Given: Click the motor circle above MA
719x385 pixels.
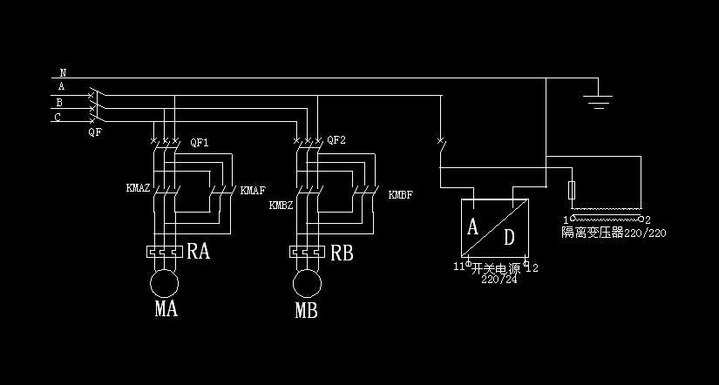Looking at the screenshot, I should pyautogui.click(x=163, y=284).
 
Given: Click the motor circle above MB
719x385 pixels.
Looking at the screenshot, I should pyautogui.click(x=306, y=284).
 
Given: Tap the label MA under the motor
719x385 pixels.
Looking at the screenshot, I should pyautogui.click(x=166, y=309).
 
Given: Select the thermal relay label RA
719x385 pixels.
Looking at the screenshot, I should pyautogui.click(x=198, y=253).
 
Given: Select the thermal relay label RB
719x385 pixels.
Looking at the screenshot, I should pyautogui.click(x=341, y=253).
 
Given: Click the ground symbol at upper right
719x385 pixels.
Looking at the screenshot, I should pyautogui.click(x=597, y=98).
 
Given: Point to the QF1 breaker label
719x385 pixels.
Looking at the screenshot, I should pyautogui.click(x=199, y=142).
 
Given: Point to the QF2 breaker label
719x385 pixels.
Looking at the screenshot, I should pyautogui.click(x=336, y=140).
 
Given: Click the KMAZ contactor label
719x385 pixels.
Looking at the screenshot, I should pyautogui.click(x=139, y=188).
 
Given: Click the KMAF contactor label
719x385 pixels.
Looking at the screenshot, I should pyautogui.click(x=253, y=190).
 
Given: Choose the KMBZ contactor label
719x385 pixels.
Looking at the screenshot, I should pyautogui.click(x=281, y=206).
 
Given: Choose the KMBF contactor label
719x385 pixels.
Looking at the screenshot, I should pyautogui.click(x=401, y=194).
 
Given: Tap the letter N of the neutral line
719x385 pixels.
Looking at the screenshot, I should pyautogui.click(x=63, y=73).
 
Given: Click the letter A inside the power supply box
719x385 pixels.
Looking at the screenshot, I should pyautogui.click(x=473, y=227).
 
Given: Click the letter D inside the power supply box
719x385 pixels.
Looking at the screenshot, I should pyautogui.click(x=510, y=237).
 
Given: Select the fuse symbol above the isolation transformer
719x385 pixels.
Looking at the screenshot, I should pyautogui.click(x=572, y=190).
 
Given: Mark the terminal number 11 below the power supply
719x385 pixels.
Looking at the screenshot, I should pyautogui.click(x=458, y=267).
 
